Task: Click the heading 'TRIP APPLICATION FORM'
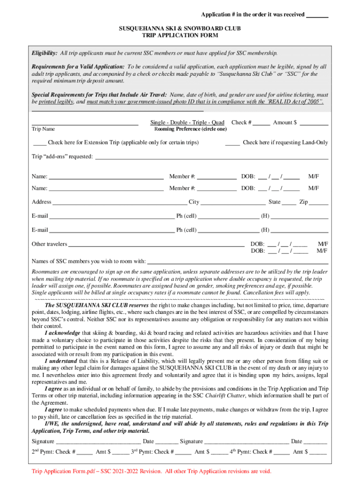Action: tap(180, 36)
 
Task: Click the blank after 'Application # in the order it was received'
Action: tap(317, 15)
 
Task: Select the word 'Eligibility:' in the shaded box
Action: tap(44, 53)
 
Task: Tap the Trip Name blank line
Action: tap(85, 124)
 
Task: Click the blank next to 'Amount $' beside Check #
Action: tap(313, 123)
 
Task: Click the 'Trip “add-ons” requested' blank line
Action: tap(211, 158)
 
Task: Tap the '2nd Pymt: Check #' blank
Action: tap(85, 453)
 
